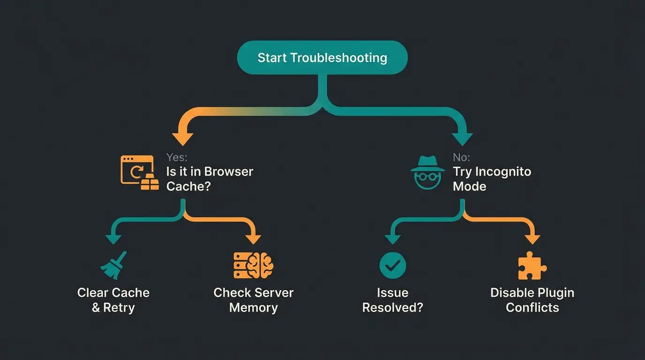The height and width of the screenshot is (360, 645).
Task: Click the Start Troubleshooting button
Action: click(322, 58)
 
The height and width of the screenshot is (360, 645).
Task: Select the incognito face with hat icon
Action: click(427, 172)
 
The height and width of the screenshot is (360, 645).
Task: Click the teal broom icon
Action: click(114, 265)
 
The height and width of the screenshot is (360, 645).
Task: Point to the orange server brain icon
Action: click(253, 265)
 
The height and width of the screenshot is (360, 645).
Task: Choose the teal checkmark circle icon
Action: click(392, 265)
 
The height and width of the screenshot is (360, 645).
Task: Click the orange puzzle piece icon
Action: click(532, 266)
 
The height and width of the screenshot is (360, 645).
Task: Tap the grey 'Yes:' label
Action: click(177, 157)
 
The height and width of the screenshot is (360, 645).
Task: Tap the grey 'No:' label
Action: click(461, 157)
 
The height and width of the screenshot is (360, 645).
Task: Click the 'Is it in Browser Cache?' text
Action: click(210, 179)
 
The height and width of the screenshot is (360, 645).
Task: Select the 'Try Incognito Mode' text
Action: click(492, 179)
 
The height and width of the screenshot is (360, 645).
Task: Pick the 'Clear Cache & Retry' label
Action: click(113, 300)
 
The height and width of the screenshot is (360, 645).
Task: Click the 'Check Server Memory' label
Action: click(253, 300)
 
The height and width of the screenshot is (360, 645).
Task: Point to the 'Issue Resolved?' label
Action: click(392, 300)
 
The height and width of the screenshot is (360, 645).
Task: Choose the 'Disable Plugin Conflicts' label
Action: click(532, 300)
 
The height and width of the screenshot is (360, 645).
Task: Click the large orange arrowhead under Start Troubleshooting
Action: click(183, 138)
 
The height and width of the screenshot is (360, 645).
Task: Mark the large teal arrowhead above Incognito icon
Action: click(462, 138)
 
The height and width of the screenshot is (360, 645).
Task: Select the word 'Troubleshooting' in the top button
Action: click(338, 58)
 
